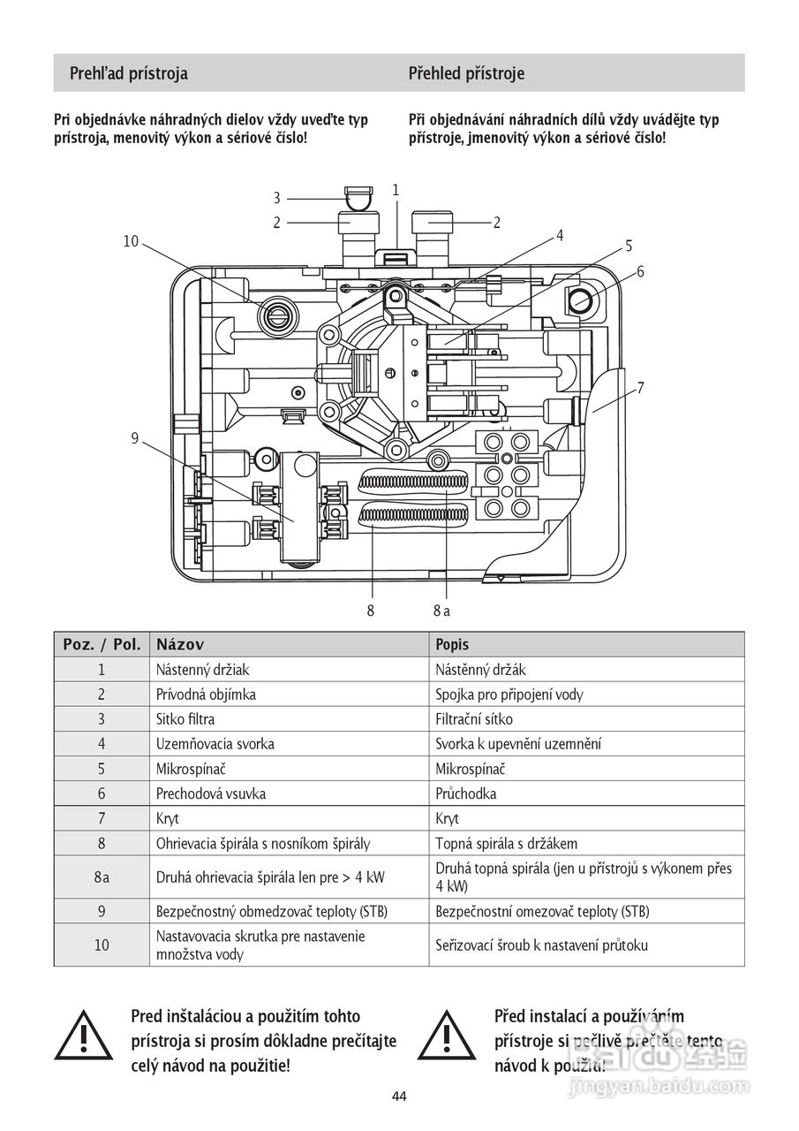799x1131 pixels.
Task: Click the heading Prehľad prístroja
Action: [x=128, y=73]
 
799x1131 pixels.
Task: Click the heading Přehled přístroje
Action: [x=466, y=73]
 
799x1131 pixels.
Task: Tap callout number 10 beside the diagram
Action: [x=131, y=241]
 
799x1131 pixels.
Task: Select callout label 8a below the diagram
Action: [x=441, y=611]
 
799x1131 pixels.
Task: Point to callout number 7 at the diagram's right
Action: [x=641, y=388]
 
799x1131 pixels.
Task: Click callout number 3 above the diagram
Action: [x=277, y=198]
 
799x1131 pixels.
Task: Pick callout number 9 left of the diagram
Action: [x=135, y=437]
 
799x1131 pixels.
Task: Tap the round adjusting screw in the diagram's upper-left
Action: [x=278, y=317]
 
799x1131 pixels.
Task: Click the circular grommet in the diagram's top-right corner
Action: [x=579, y=300]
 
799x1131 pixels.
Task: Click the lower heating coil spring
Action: [x=412, y=515]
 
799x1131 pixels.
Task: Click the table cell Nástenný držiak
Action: [x=202, y=670]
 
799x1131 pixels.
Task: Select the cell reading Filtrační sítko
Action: [x=473, y=719]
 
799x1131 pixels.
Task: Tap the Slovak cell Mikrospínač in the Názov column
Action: [x=191, y=769]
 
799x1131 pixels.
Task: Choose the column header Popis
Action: [x=452, y=645]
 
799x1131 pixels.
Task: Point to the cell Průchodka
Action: [x=465, y=793]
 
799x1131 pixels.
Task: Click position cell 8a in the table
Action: [x=102, y=877]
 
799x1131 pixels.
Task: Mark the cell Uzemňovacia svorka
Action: [x=215, y=744]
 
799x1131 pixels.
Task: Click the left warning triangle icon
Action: [x=84, y=1034]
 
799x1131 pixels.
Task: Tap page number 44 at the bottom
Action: [x=399, y=1097]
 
